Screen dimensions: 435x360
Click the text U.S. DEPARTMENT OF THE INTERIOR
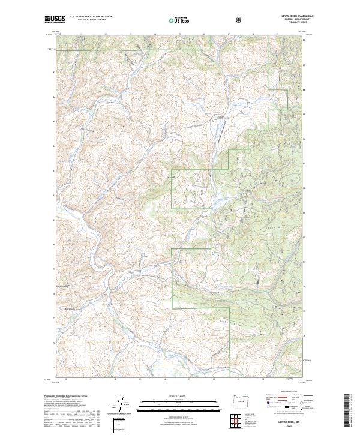point(91,17)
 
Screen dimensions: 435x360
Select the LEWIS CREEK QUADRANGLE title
point(286,16)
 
